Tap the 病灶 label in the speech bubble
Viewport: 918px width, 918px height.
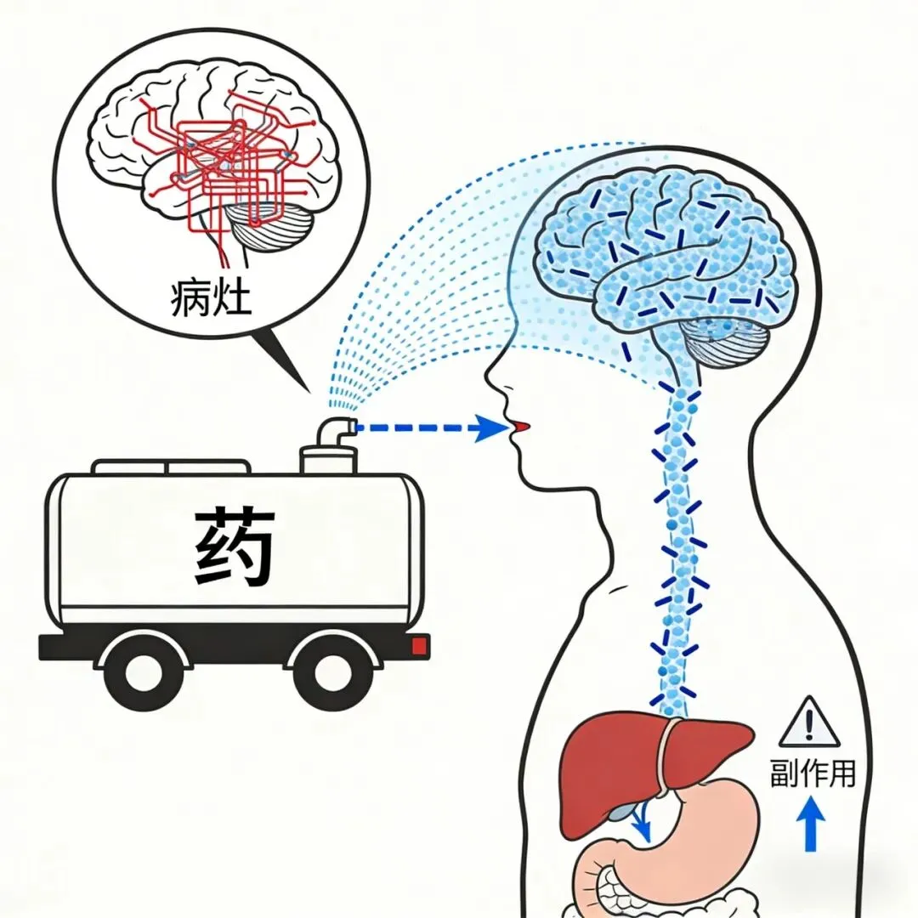click(212, 297)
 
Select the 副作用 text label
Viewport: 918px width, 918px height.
click(812, 773)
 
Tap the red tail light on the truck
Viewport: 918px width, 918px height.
click(418, 647)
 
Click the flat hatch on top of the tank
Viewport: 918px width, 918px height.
click(170, 467)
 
